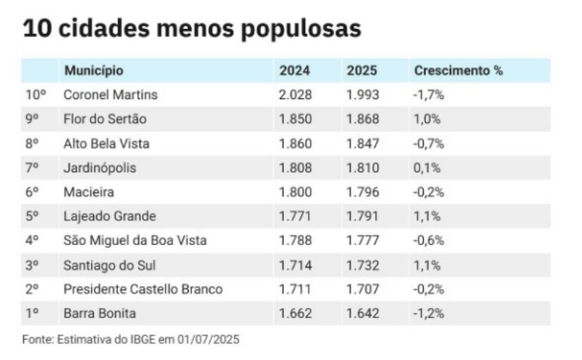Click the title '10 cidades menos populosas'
[x=192, y=30]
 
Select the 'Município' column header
[x=93, y=71]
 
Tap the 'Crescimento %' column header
[x=458, y=71]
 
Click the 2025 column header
[x=362, y=71]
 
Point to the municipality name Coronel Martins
[x=110, y=95]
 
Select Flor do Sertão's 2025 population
[x=362, y=119]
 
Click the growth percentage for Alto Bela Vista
[x=428, y=143]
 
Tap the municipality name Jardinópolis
[x=99, y=168]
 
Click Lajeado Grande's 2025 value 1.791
[x=362, y=216]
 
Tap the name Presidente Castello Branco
[x=142, y=289]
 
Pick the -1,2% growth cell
[x=428, y=314]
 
